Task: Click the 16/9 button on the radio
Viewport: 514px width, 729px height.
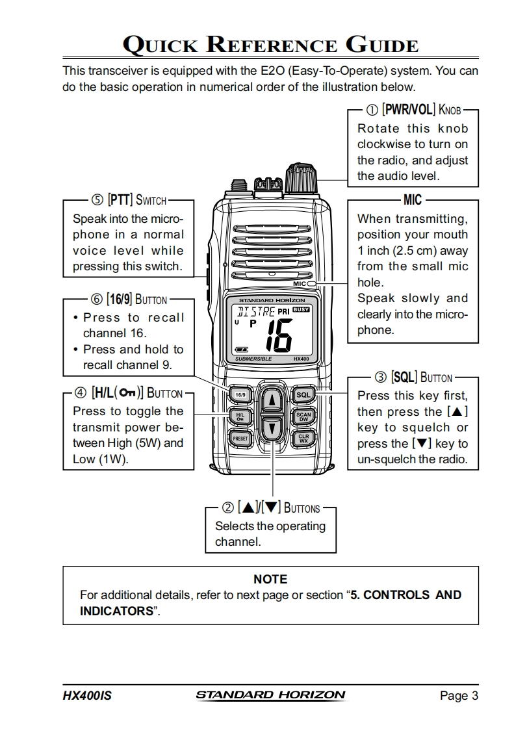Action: click(x=240, y=394)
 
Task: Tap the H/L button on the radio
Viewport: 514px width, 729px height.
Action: click(x=240, y=416)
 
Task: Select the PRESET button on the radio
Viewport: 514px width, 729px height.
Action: click(x=240, y=439)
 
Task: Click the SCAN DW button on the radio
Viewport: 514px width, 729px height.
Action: click(x=303, y=416)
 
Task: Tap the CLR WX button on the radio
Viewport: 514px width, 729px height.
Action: click(x=303, y=439)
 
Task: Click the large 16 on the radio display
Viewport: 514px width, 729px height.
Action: click(x=277, y=335)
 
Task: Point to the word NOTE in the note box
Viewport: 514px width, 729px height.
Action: click(x=270, y=579)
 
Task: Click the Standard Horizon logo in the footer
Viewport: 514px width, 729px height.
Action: click(x=270, y=695)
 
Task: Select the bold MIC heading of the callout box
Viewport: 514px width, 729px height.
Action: click(x=412, y=199)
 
